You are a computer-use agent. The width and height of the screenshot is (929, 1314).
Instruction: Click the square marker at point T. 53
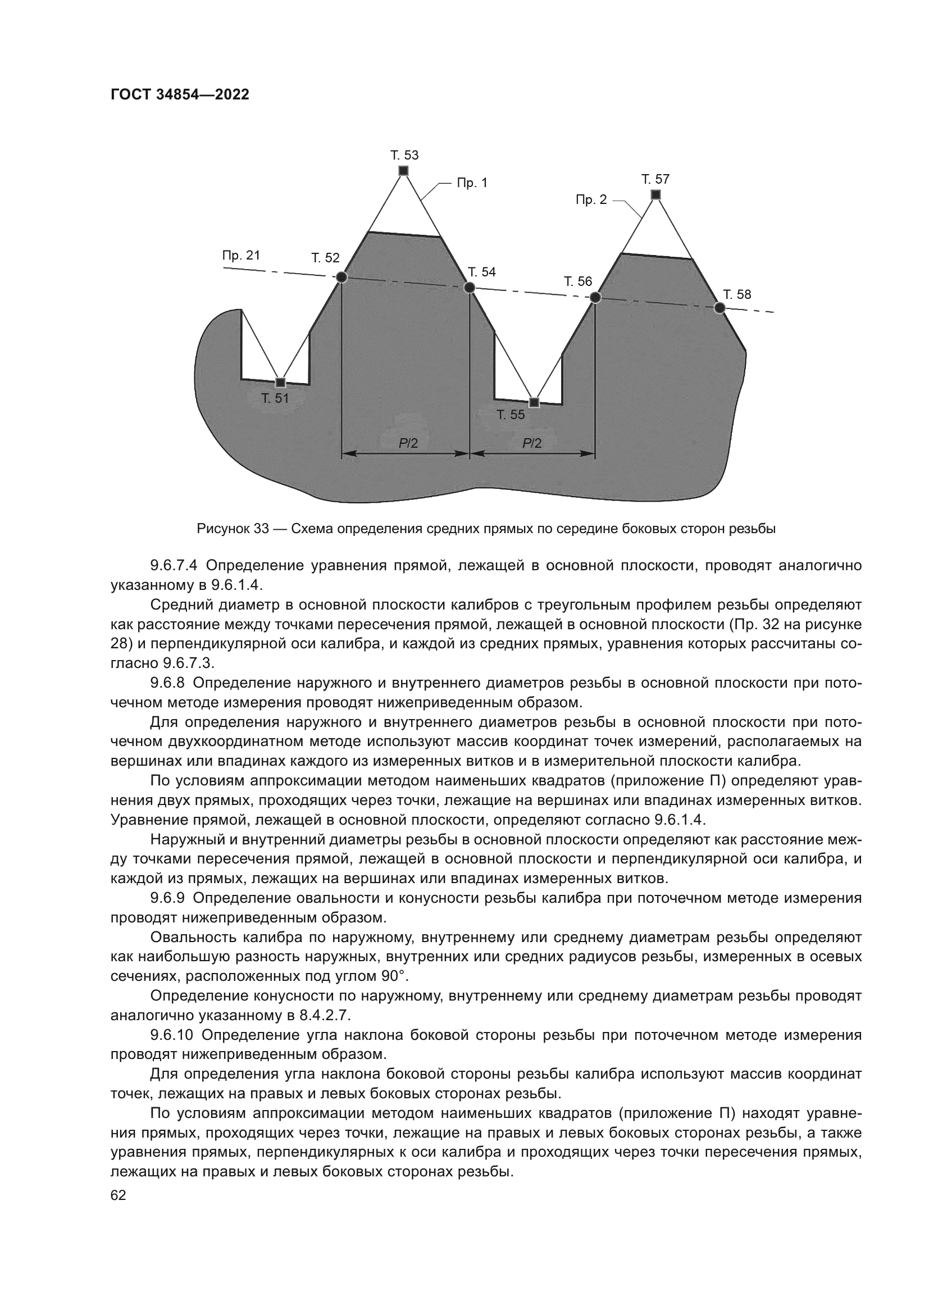click(x=403, y=171)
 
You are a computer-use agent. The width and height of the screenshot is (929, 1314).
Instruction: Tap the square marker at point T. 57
click(x=656, y=194)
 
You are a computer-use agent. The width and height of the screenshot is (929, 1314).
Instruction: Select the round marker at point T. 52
click(x=341, y=278)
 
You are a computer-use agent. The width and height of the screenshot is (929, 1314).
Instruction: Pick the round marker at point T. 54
click(x=470, y=287)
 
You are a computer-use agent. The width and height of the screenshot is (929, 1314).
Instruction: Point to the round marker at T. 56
click(x=595, y=297)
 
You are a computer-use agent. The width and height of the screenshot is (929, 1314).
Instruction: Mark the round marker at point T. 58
click(x=720, y=308)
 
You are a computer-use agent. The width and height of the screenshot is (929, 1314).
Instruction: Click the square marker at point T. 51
click(x=280, y=383)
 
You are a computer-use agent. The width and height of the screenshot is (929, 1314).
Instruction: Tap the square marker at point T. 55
click(x=534, y=402)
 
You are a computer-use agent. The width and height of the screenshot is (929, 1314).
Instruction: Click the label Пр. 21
click(x=241, y=255)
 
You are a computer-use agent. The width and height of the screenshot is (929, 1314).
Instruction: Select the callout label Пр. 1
click(x=472, y=183)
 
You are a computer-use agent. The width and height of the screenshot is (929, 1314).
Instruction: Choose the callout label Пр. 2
click(x=591, y=200)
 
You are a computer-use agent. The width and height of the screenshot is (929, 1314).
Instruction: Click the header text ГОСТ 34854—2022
click(x=180, y=95)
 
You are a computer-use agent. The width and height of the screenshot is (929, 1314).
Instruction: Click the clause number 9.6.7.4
click(x=174, y=566)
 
